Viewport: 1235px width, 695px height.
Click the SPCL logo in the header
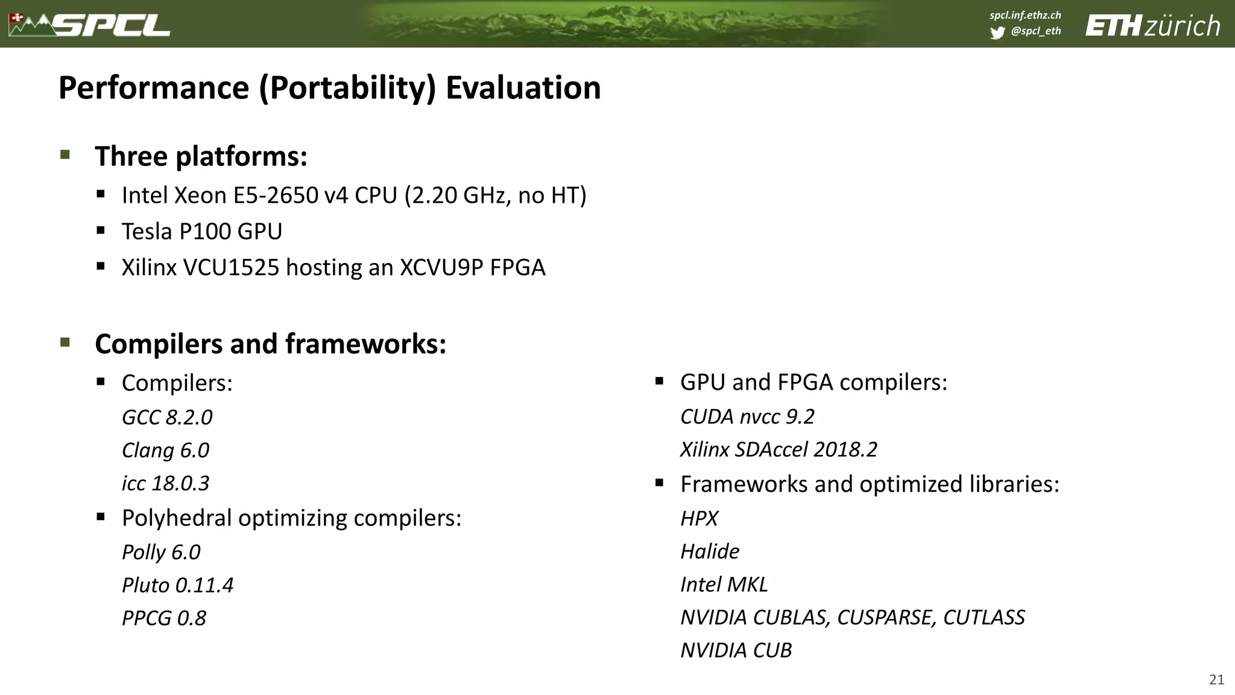(90, 25)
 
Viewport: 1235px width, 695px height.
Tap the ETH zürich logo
(1152, 26)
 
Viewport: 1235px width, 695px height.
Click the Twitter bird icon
(997, 33)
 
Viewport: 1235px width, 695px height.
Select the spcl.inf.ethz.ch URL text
(1025, 15)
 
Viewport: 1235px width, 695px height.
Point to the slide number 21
(1216, 680)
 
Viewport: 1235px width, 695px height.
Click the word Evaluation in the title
(523, 88)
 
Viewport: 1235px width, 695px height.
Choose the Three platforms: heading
(201, 156)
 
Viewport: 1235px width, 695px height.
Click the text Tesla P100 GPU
(202, 232)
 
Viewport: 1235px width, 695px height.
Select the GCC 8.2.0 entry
(167, 417)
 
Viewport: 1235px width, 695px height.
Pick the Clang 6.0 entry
(165, 451)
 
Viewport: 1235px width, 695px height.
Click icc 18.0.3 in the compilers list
(165, 483)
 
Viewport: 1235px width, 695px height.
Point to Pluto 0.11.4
(177, 585)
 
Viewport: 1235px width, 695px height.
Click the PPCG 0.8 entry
(164, 618)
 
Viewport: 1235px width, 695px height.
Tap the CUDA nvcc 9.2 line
(747, 417)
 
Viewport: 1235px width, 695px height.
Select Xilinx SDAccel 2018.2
(779, 449)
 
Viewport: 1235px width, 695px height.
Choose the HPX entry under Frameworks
(699, 519)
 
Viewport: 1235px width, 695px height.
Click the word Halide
(710, 551)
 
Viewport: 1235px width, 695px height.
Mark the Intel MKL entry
(724, 585)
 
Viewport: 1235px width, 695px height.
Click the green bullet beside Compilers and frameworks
(65, 343)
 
